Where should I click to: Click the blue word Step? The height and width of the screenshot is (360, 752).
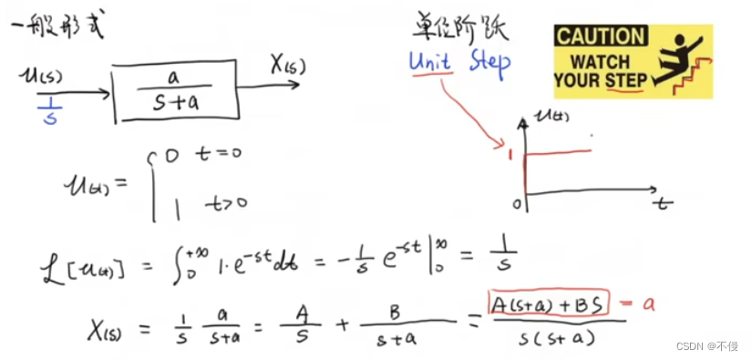click(x=489, y=62)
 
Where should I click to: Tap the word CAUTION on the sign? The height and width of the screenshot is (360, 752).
click(x=600, y=36)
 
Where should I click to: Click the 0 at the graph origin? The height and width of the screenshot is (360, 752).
click(x=516, y=203)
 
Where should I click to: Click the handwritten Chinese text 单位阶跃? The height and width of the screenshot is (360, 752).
click(x=456, y=29)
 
